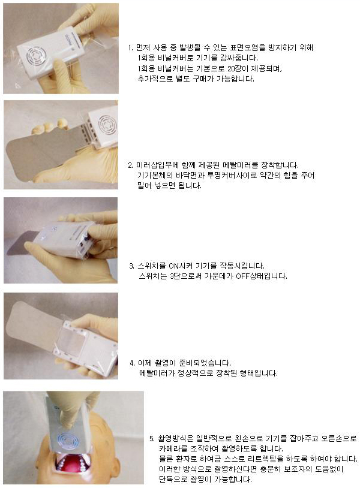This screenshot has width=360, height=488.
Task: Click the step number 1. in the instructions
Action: pos(131,48)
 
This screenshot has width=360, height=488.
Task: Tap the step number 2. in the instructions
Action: pos(130,165)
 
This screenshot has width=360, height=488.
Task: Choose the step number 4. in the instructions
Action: pos(133,363)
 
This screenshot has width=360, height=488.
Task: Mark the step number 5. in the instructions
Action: pos(152,439)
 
